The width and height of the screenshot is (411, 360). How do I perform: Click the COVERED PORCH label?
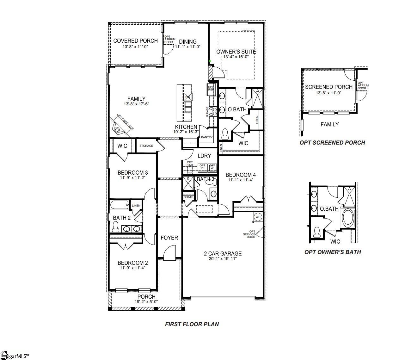tap(135, 41)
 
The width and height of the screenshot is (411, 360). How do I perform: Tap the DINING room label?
tap(188, 41)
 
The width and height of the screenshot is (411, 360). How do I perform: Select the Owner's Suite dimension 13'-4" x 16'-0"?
tap(236, 57)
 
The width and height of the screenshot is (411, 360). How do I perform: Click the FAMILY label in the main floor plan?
tap(136, 99)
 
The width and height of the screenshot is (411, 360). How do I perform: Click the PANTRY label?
tap(207, 137)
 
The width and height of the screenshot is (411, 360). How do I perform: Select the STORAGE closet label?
tap(146, 146)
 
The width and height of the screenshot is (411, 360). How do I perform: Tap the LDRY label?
tap(204, 156)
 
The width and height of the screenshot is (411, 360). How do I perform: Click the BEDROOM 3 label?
tap(132, 172)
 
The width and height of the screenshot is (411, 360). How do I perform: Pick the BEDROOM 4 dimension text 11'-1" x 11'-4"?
tap(241, 180)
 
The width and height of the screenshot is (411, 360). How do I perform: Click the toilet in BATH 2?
tap(116, 227)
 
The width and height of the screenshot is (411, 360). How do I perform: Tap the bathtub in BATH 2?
tap(120, 205)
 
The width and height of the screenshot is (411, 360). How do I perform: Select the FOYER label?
tap(169, 238)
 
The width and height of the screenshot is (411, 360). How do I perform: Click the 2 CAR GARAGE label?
tap(223, 253)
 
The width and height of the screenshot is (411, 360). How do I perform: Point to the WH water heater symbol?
tap(258, 217)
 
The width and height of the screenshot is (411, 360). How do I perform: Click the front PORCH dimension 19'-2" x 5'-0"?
tap(146, 301)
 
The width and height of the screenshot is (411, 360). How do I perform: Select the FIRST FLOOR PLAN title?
tap(192, 324)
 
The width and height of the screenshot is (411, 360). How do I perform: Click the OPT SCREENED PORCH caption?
tap(332, 143)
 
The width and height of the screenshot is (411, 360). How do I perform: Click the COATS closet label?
tap(188, 197)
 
